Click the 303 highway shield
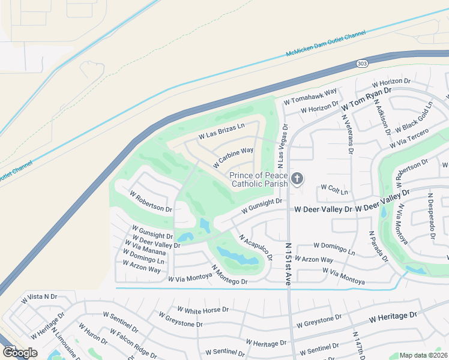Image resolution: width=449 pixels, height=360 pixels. coord(379,63)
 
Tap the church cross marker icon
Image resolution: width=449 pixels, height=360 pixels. coord(297,179)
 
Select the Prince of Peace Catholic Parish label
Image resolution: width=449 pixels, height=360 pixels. coord(259,179)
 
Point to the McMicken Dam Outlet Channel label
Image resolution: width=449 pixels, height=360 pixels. coord(325,45)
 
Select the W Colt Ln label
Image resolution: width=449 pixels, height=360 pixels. coord(334,190)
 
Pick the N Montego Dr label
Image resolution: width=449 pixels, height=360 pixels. coord(229,276)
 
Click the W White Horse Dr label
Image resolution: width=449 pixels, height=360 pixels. coord(199,310)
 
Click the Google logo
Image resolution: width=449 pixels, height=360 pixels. coord(20,352)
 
